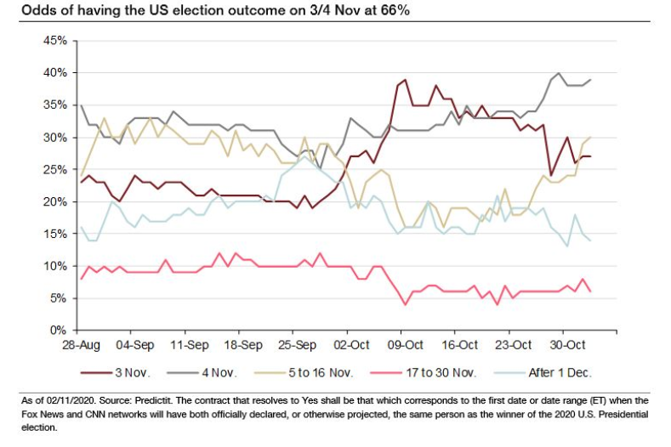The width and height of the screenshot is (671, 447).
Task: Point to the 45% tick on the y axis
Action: click(55, 41)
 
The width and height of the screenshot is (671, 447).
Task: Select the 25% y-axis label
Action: click(55, 170)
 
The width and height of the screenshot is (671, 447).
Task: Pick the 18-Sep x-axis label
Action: click(242, 347)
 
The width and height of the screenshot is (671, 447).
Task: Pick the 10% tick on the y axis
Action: click(55, 266)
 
